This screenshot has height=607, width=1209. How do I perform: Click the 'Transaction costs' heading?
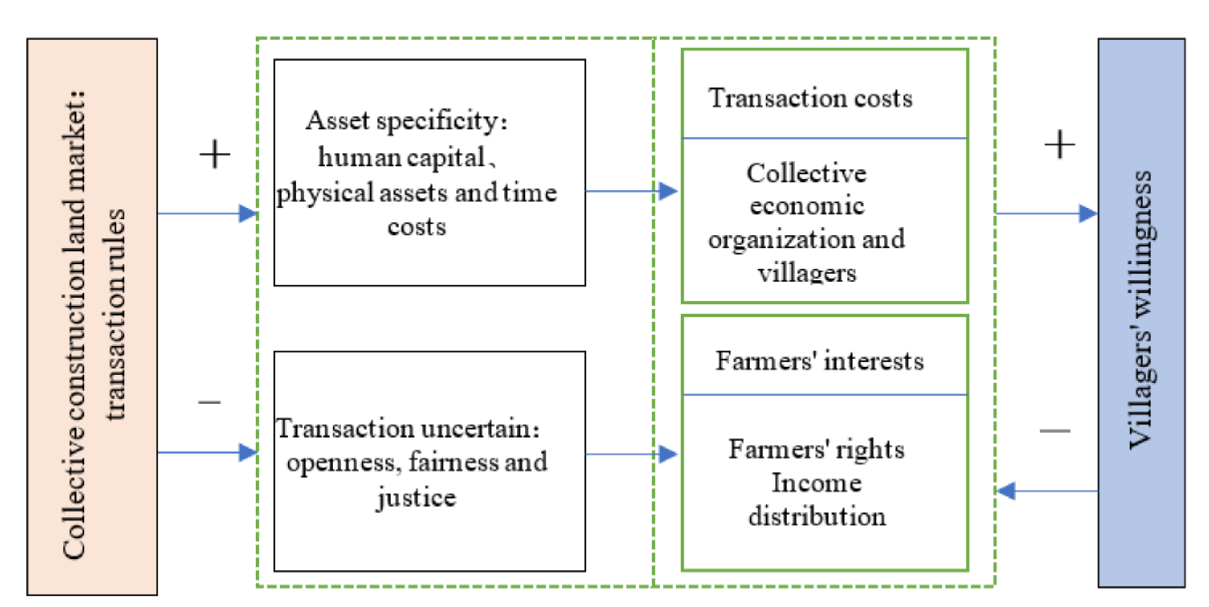[810, 99]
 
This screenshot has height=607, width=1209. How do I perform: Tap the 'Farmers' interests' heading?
[819, 362]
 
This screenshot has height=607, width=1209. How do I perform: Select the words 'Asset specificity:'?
[407, 121]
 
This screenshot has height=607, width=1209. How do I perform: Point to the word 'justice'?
[416, 498]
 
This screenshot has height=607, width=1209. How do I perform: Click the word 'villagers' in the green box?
[807, 273]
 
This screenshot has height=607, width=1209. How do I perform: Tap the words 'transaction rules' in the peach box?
[115, 314]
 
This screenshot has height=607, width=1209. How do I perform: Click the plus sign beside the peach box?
[214, 154]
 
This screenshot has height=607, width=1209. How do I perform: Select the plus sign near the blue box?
[1059, 145]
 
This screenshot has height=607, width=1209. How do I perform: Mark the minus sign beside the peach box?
[209, 402]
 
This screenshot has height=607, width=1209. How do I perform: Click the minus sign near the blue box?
[1055, 430]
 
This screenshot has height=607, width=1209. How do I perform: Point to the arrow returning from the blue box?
[1047, 491]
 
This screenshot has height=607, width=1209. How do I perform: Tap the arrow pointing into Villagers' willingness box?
[1047, 214]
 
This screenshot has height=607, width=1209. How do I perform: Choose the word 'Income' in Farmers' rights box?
[817, 483]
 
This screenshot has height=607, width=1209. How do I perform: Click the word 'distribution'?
[817, 516]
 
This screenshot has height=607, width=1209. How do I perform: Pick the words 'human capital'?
[402, 157]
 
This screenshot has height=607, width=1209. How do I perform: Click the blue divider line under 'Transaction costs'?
[825, 138]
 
